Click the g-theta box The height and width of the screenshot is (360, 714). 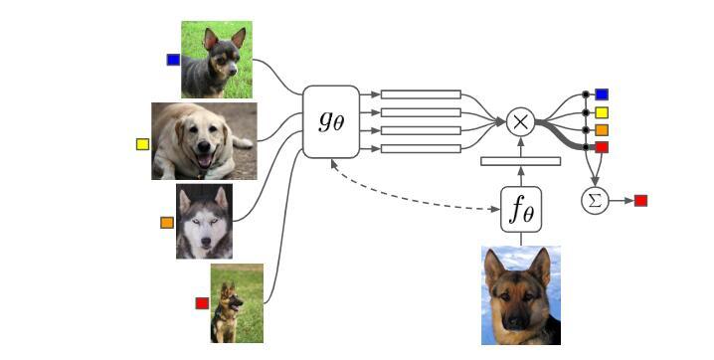coord(331,121)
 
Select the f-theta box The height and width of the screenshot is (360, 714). coord(520,209)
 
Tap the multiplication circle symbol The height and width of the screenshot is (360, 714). coord(520,122)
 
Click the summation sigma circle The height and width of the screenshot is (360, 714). coord(594,201)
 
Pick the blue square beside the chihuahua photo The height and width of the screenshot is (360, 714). coord(173,60)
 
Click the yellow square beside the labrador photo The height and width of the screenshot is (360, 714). coord(142,144)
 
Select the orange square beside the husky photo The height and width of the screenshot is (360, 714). coord(167,223)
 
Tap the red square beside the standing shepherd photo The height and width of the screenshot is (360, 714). coord(201,303)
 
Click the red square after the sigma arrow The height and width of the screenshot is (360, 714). coord(640,201)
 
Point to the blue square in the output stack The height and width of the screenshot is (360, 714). coord(602,94)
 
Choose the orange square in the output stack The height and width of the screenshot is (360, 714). coord(602,130)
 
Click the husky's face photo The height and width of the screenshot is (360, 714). coord(204,221)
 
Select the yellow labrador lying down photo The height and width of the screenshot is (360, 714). coord(204,141)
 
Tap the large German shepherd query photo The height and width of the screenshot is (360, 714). coord(520,295)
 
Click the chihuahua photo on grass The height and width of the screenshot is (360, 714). coord(216,60)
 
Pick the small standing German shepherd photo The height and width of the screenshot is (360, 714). coord(237,303)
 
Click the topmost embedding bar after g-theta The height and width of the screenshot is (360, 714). coord(421,94)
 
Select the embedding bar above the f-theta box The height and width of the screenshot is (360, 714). coord(520,161)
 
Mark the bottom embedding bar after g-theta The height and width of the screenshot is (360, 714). coord(421,149)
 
